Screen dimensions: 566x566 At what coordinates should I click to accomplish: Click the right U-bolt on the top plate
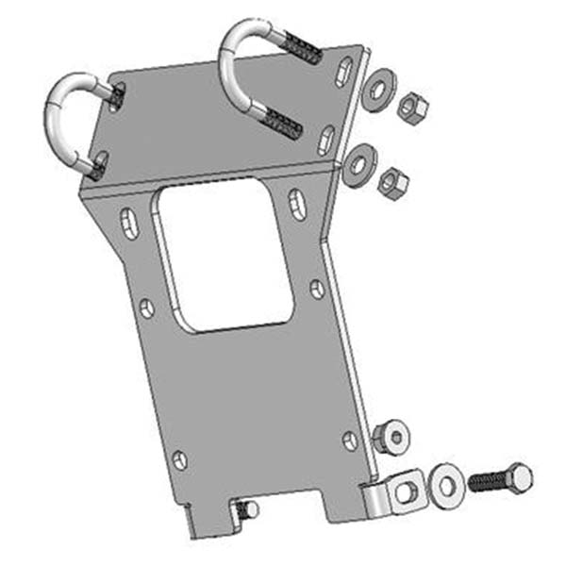[x=236, y=57]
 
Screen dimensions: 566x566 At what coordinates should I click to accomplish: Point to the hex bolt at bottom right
[x=499, y=479]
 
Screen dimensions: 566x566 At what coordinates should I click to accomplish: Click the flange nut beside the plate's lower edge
[x=390, y=436]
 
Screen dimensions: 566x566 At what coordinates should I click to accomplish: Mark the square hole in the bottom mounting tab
[x=407, y=491]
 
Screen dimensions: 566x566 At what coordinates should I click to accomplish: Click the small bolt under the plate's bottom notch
[x=248, y=509]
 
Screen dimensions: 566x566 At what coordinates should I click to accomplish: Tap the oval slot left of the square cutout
[x=124, y=224]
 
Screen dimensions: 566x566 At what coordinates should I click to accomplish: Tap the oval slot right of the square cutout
[x=295, y=204]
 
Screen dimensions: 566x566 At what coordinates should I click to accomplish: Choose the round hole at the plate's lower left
[x=179, y=459]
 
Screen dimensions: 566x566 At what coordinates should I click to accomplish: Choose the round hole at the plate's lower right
[x=350, y=439]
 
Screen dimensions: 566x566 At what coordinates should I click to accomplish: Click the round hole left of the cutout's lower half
[x=146, y=308]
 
